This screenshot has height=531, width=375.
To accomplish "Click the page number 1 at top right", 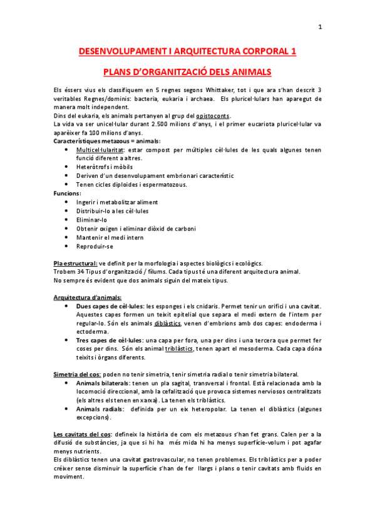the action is (320, 27).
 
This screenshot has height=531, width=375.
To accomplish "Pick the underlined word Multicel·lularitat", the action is (101, 151).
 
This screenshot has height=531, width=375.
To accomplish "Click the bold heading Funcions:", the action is (68, 193).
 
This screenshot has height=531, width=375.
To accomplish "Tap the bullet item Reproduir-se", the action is (95, 246).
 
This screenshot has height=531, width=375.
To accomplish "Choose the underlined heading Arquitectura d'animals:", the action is (88, 297).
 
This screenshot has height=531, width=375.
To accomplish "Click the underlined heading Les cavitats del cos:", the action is (86, 434).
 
